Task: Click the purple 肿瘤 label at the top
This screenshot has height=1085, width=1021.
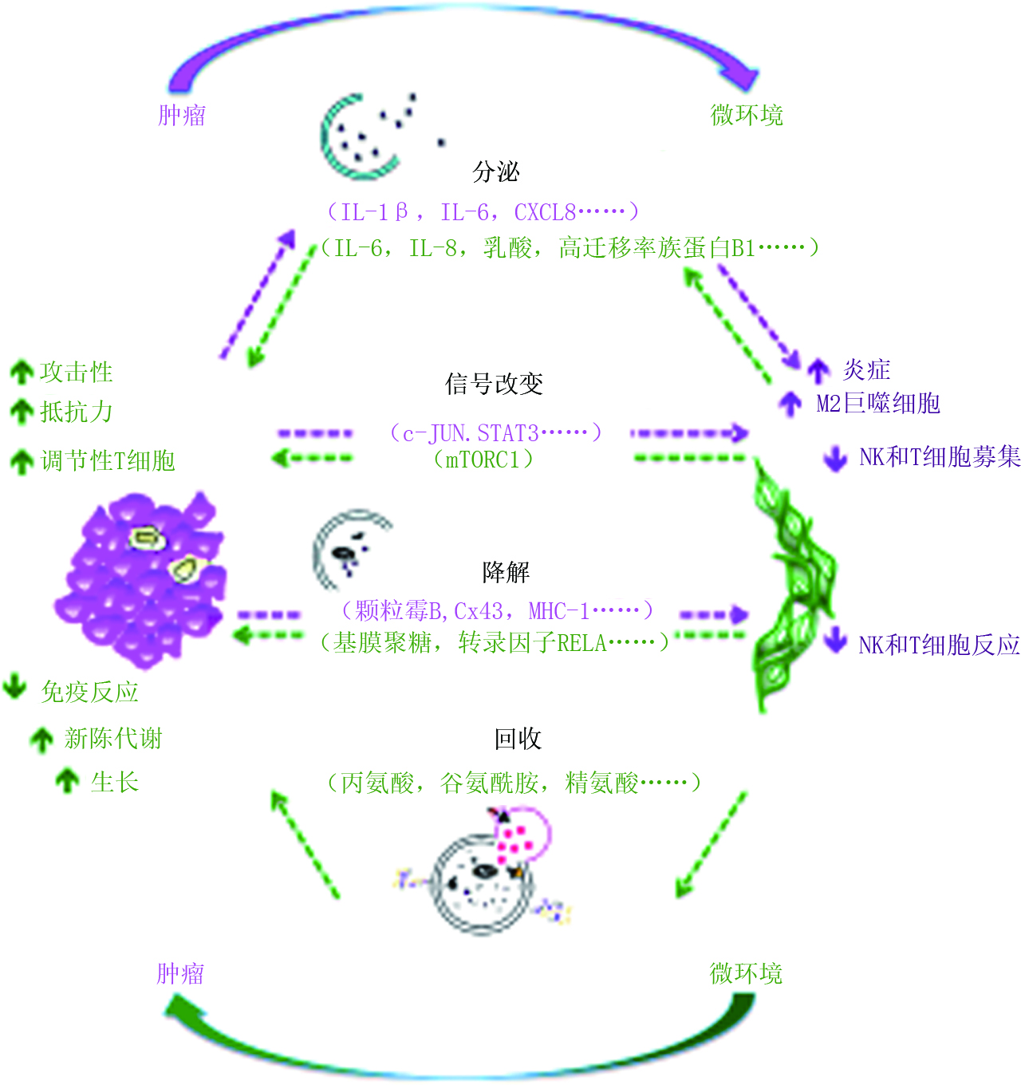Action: click(181, 115)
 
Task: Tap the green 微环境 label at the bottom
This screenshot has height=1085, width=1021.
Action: click(746, 973)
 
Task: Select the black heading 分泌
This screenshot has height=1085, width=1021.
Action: click(495, 172)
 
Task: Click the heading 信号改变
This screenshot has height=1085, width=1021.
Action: click(494, 384)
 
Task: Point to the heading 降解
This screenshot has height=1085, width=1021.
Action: click(506, 572)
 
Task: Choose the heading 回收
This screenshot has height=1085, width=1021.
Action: click(518, 739)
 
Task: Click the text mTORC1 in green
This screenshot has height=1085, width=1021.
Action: click(482, 460)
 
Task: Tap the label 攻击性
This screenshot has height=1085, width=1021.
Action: click(76, 372)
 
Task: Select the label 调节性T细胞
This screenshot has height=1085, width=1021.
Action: click(108, 460)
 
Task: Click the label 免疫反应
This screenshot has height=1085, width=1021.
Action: click(90, 692)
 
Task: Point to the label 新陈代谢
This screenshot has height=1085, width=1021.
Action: click(113, 739)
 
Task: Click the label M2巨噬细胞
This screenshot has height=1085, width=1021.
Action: click(878, 403)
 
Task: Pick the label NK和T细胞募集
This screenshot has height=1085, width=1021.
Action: click(940, 456)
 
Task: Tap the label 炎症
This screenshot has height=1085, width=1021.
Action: click(866, 369)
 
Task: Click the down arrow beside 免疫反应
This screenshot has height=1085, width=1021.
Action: click(14, 686)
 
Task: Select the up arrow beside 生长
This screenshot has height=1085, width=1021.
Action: click(67, 781)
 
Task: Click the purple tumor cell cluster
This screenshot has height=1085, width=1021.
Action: click(142, 580)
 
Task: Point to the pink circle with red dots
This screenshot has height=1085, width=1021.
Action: click(521, 836)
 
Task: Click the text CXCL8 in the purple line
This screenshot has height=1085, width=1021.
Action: click(545, 212)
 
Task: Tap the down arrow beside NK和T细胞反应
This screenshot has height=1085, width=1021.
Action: click(835, 640)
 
